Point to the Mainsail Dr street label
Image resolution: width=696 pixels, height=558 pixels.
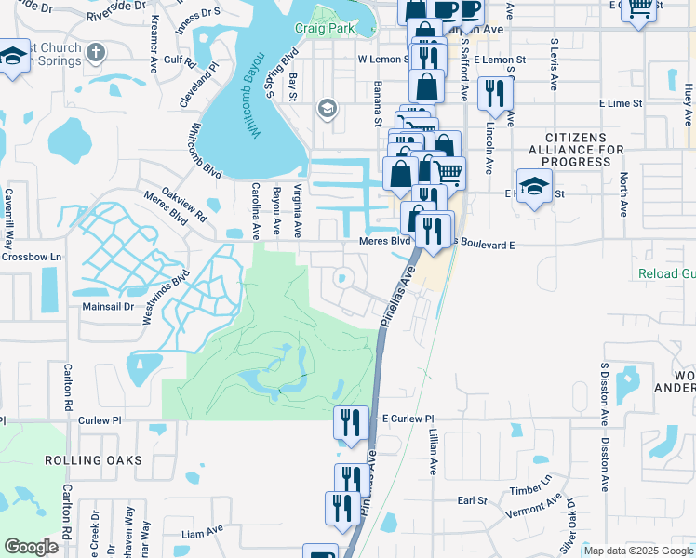click(x=109, y=305)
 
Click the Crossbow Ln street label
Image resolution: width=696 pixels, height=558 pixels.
click(x=32, y=257)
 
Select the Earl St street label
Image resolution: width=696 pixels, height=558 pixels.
click(x=474, y=500)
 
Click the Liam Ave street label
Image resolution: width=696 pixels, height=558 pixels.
click(x=205, y=534)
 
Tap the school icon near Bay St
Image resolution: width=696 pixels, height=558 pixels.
click(x=326, y=110)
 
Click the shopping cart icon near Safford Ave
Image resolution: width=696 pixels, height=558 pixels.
click(x=449, y=171)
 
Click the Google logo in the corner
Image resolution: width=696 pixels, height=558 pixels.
click(x=31, y=547)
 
